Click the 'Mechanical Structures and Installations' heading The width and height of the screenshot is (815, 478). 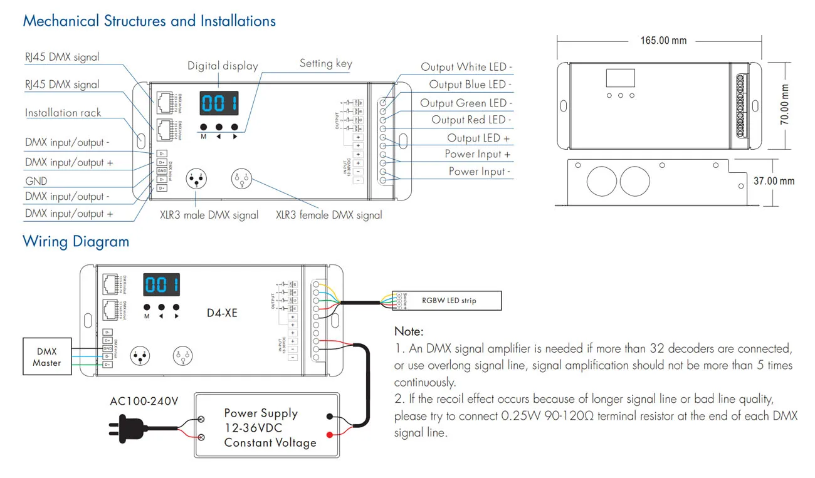pyautogui.click(x=149, y=21)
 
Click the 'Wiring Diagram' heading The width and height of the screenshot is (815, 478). pyautogui.click(x=76, y=241)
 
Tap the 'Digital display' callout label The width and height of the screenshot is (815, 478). pyautogui.click(x=223, y=66)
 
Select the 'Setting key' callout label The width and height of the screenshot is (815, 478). pyautogui.click(x=325, y=63)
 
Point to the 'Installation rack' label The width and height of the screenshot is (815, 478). pyautogui.click(x=63, y=113)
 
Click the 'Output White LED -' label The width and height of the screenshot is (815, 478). pyautogui.click(x=466, y=67)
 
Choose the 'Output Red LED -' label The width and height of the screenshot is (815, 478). pyautogui.click(x=471, y=120)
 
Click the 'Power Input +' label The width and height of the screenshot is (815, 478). pyautogui.click(x=478, y=154)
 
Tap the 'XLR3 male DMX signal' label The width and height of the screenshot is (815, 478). pyautogui.click(x=209, y=215)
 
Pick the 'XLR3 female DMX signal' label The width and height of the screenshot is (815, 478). pyautogui.click(x=329, y=215)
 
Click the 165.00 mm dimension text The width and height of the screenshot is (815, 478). pyautogui.click(x=663, y=41)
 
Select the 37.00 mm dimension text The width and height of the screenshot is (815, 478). pyautogui.click(x=774, y=181)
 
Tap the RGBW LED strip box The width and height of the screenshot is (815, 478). pyautogui.click(x=448, y=301)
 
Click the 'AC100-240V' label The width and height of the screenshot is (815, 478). pyautogui.click(x=144, y=400)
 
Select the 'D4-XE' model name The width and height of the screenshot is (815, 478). pyautogui.click(x=222, y=313)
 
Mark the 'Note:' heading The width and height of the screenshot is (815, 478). pyautogui.click(x=409, y=331)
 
